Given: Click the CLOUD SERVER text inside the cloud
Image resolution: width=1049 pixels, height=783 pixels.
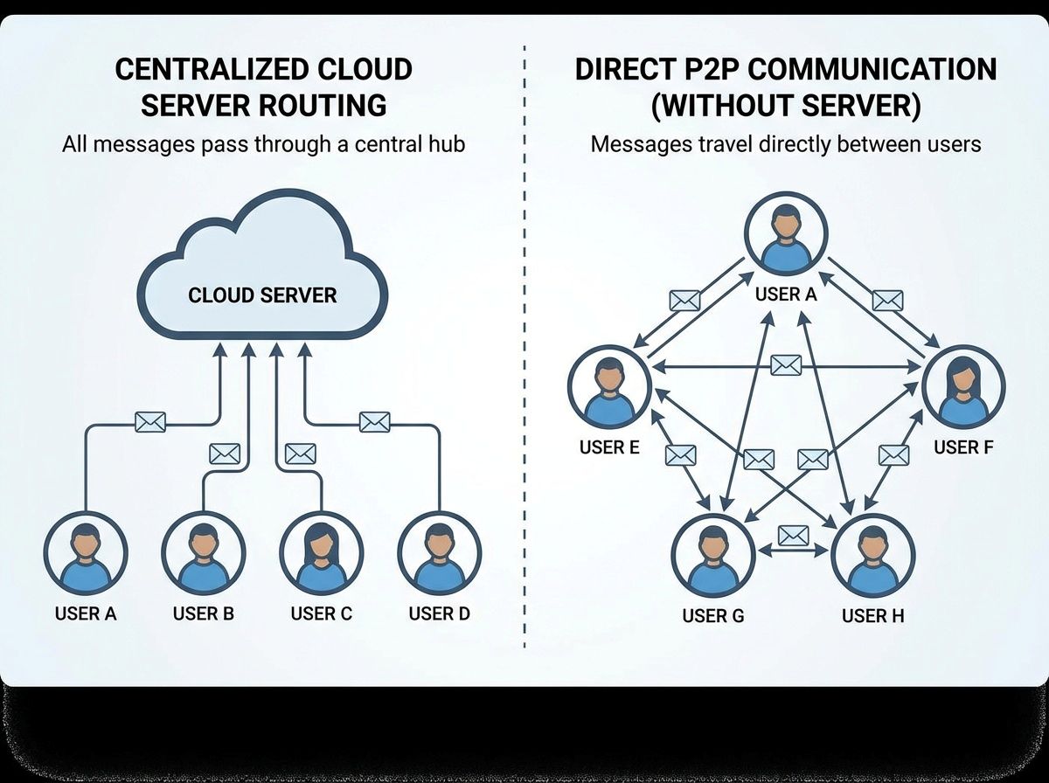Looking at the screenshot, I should coord(262,294).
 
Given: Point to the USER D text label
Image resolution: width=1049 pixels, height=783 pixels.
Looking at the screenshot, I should coord(439,613).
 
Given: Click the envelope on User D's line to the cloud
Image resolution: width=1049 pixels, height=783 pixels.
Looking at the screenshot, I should coord(374,422).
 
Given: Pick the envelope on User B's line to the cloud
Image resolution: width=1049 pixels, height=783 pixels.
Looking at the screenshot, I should coord(225,454).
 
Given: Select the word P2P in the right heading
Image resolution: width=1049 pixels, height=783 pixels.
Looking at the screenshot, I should coord(702,70).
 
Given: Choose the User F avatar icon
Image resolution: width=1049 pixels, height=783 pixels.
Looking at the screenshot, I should coord(964,386).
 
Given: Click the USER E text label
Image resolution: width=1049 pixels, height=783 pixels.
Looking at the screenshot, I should coord(609,447).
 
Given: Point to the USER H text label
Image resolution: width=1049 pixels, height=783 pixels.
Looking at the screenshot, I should coord(872,616).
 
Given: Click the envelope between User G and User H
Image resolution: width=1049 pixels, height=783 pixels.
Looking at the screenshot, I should coord(792,534).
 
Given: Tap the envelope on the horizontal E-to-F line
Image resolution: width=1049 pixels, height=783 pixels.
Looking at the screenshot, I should coord(786,365).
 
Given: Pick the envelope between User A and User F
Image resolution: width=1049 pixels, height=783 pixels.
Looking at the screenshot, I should coord(886,301).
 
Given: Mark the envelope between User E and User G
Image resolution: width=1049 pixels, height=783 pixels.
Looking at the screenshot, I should coord(680,454).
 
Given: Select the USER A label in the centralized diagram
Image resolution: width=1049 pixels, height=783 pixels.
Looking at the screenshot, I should coord(85,613).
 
